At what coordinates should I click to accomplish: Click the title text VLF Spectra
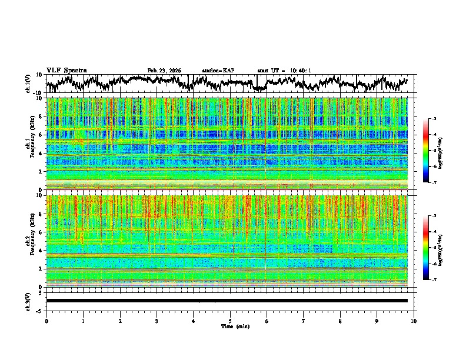(66, 71)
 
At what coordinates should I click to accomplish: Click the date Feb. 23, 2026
(164, 71)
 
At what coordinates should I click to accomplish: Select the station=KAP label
(218, 71)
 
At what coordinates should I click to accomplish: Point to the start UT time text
(284, 71)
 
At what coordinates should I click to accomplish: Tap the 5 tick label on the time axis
(230, 321)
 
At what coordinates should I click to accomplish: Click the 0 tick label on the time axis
(46, 321)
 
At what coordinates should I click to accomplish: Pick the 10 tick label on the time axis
(414, 321)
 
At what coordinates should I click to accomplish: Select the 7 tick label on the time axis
(304, 321)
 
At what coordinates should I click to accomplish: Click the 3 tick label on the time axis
(157, 321)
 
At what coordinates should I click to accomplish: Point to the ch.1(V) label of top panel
(28, 84)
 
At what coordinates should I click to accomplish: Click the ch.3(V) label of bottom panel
(28, 301)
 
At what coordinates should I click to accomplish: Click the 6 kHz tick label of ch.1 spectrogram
(42, 135)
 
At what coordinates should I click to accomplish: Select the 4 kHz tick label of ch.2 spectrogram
(42, 251)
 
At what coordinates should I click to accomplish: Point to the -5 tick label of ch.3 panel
(39, 309)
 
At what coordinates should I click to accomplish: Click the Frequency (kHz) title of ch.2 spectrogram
(34, 240)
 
